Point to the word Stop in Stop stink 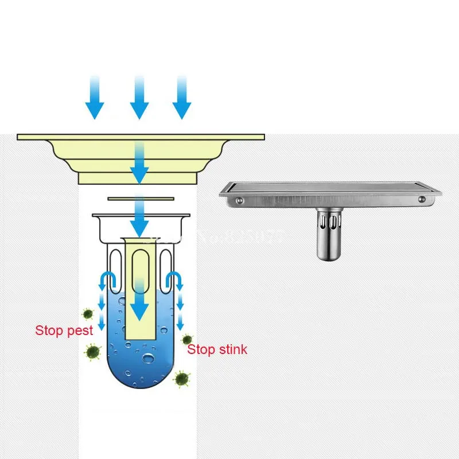tap(201, 349)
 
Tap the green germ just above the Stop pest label tap(87, 313)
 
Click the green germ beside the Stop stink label tap(186, 340)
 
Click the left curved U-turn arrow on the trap tap(107, 280)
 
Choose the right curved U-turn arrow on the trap tap(173, 280)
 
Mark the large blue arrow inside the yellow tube tap(139, 301)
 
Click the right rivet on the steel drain tap(422, 199)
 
